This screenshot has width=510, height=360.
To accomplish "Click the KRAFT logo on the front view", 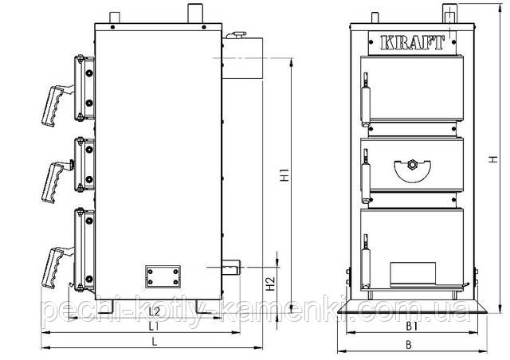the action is [x=412, y=42].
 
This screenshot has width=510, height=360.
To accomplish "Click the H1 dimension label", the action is [x=285, y=174].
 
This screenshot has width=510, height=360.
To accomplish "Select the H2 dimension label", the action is [x=270, y=284].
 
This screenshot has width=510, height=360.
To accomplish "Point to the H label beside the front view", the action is [x=493, y=159].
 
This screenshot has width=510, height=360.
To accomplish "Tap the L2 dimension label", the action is [x=154, y=311].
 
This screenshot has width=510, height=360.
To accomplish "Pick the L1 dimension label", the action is [x=154, y=326].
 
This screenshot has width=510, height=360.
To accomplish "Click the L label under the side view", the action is [x=155, y=342].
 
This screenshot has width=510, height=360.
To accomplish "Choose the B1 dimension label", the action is [x=411, y=327].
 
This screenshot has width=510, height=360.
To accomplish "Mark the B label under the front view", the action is [x=409, y=344].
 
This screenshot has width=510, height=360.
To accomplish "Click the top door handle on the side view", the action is [x=56, y=104].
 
